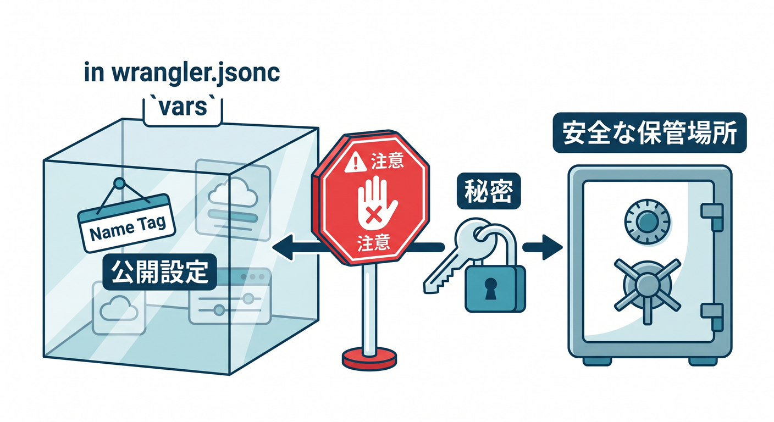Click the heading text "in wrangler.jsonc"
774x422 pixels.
pyautogui.click(x=182, y=73)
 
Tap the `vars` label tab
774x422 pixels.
pyautogui.click(x=183, y=112)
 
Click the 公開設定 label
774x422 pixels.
pyautogui.click(x=159, y=272)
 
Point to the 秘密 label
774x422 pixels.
pyautogui.click(x=489, y=191)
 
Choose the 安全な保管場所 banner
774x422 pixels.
pyautogui.click(x=650, y=132)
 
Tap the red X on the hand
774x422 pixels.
pyautogui.click(x=374, y=215)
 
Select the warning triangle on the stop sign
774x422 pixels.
pyautogui.click(x=356, y=162)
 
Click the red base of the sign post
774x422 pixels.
pyautogui.click(x=369, y=359)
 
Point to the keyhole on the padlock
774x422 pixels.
pyautogui.click(x=491, y=288)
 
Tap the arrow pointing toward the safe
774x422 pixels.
pyautogui.click(x=543, y=247)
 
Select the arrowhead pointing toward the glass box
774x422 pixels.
pyautogui.click(x=283, y=247)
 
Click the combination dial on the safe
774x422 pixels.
pyautogui.click(x=647, y=221)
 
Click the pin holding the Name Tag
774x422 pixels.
pyautogui.click(x=119, y=183)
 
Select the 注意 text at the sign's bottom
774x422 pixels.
pyautogui.click(x=373, y=243)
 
